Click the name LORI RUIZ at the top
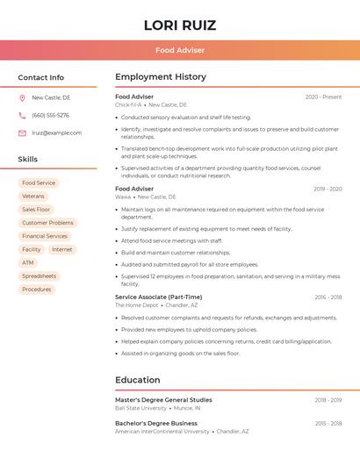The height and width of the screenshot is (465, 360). [179, 25]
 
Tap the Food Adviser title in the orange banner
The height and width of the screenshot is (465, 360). [179, 50]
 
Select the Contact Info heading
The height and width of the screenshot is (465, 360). [41, 77]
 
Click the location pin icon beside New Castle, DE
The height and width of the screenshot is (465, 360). [22, 98]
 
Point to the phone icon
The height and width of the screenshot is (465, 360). [22, 116]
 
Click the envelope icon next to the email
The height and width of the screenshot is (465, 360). [22, 133]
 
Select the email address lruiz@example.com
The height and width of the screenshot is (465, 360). [56, 133]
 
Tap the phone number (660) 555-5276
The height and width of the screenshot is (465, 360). [50, 116]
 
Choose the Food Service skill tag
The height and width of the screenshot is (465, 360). [39, 183]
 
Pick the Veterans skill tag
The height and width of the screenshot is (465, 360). [33, 197]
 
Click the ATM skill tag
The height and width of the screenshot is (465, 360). [28, 262]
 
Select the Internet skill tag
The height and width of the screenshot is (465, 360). [62, 249]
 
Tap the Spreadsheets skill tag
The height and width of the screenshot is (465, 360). [40, 275]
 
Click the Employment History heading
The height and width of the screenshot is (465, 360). [161, 77]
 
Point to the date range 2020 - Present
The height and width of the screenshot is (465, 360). [323, 97]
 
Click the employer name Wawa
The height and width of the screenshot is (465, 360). [123, 197]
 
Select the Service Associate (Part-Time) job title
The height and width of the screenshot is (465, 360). [158, 297]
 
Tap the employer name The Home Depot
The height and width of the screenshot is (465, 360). [136, 305]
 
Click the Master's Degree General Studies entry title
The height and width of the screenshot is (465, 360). [163, 400]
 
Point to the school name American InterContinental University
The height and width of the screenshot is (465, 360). [162, 432]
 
